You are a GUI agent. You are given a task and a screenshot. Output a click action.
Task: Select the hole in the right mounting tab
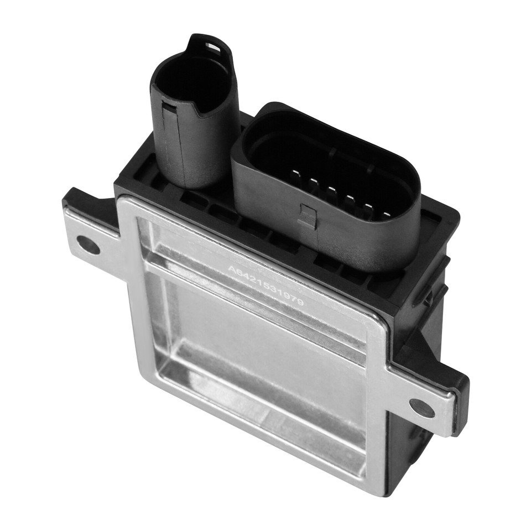(422, 408)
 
